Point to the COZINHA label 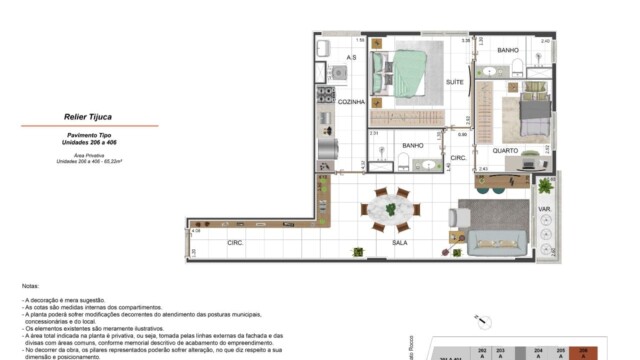pyautogui.click(x=351, y=102)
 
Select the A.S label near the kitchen pyautogui.click(x=351, y=58)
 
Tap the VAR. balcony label pyautogui.click(x=545, y=210)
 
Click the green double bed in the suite pyautogui.click(x=405, y=74)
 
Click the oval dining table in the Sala pyautogui.click(x=388, y=210)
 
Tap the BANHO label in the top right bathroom pyautogui.click(x=507, y=50)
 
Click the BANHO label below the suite pyautogui.click(x=413, y=145)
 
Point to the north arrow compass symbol pyautogui.click(x=484, y=321)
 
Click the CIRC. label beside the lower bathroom pyautogui.click(x=457, y=158)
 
